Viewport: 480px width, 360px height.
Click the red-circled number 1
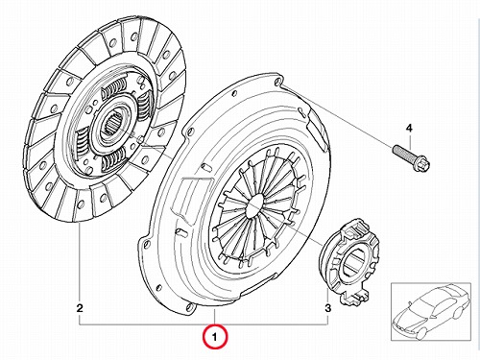[215, 337]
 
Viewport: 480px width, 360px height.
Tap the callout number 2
[80, 308]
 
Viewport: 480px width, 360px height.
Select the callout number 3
[327, 308]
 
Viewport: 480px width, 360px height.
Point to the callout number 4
[409, 129]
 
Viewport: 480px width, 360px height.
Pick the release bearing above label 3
[350, 261]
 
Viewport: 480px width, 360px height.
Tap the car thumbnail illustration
[431, 311]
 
